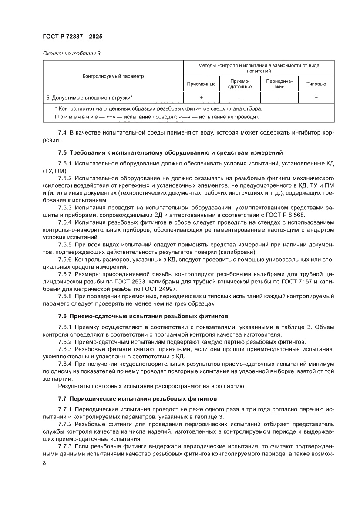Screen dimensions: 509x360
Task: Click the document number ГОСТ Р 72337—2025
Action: pyautogui.click(x=73, y=37)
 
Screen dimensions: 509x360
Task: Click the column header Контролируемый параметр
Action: pyautogui.click(x=113, y=76)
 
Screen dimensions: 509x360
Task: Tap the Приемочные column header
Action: pyautogui.click(x=201, y=84)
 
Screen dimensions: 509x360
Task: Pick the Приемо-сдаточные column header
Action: pyautogui.click(x=240, y=84)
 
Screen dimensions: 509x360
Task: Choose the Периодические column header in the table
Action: pyautogui.click(x=279, y=84)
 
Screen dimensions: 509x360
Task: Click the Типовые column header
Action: pyautogui.click(x=316, y=84)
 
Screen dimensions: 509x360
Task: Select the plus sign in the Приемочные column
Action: pyautogui.click(x=201, y=98)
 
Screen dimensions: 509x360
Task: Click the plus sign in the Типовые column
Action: pyautogui.click(x=316, y=98)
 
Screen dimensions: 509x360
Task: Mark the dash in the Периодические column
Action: pyautogui.click(x=279, y=98)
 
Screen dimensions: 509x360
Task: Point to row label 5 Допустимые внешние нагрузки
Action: pyautogui.click(x=90, y=98)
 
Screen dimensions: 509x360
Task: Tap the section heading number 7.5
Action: pyautogui.click(x=63, y=152)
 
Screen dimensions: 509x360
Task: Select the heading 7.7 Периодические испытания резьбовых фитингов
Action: pyautogui.click(x=137, y=398)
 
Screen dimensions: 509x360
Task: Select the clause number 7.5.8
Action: pyautogui.click(x=65, y=296)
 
